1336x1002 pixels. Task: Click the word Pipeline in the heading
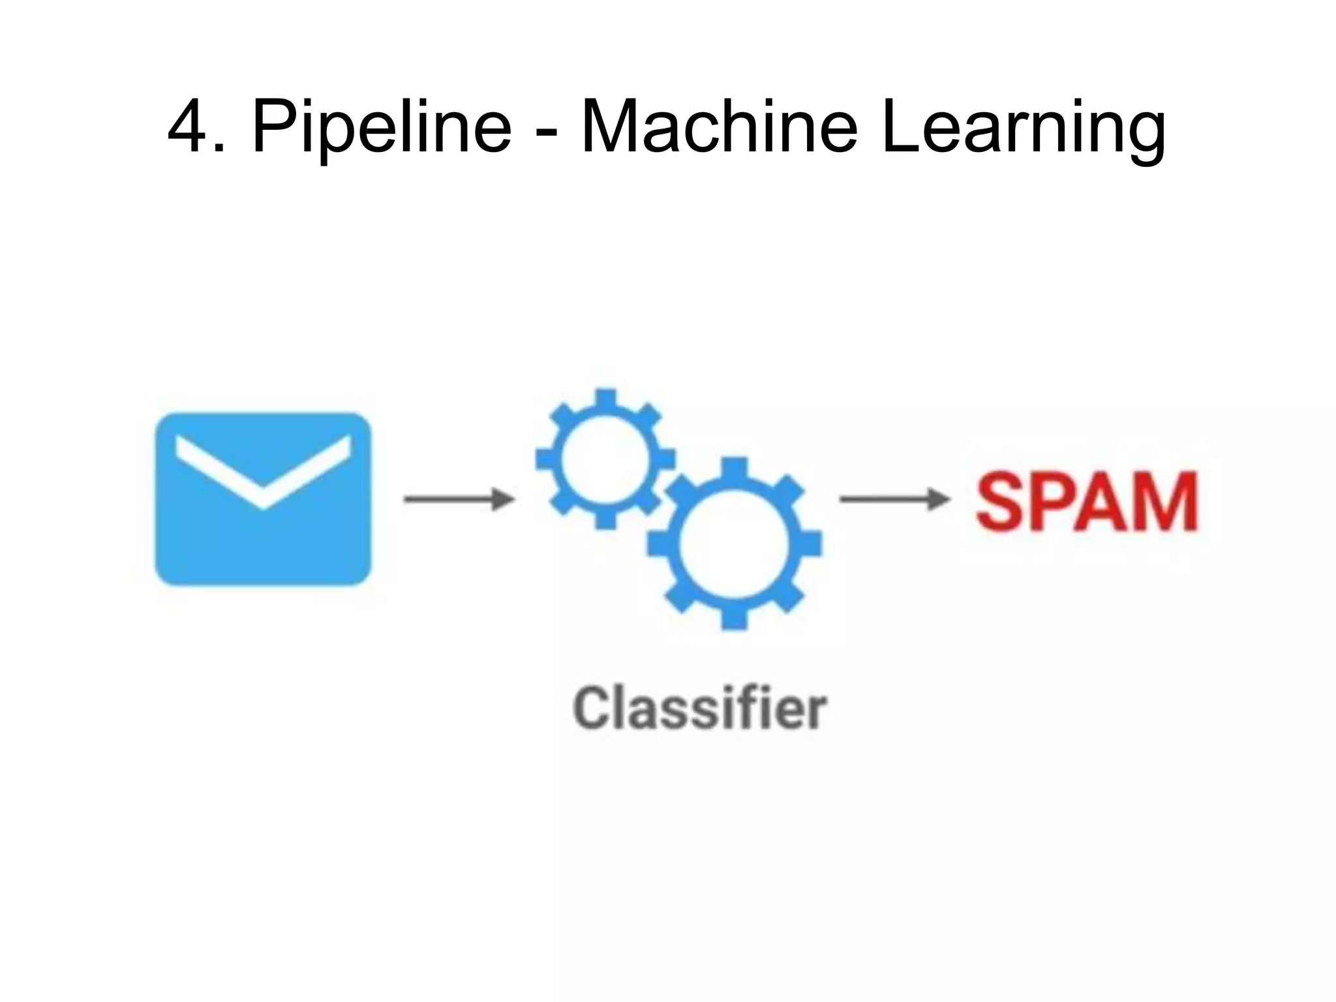[x=382, y=128]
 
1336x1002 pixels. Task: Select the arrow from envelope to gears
[x=459, y=499]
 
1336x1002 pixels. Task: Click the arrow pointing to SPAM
[x=894, y=499]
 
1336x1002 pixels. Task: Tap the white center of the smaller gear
[x=605, y=459]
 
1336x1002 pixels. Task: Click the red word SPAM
[x=1086, y=502]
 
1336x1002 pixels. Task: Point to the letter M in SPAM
[x=1164, y=502]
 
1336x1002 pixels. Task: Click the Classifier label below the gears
[x=700, y=709]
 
